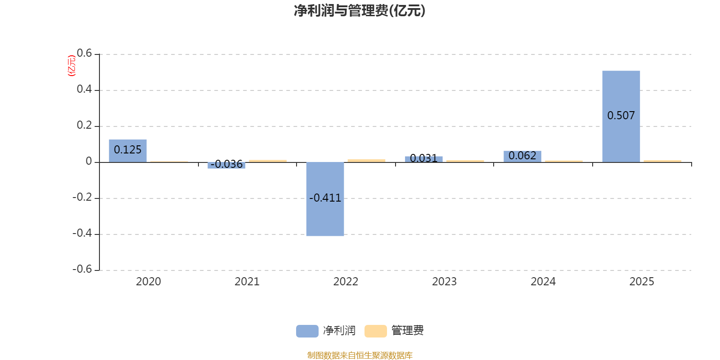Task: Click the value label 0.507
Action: click(621, 116)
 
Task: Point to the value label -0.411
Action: click(325, 198)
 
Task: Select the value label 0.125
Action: click(128, 150)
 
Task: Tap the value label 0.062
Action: click(522, 156)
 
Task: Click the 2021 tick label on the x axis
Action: click(247, 282)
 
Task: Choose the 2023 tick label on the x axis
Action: click(444, 282)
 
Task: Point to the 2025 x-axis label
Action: click(642, 282)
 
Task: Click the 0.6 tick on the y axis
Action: click(84, 54)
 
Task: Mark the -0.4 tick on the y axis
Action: click(82, 233)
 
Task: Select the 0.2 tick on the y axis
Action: click(84, 125)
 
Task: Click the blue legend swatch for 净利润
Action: click(307, 331)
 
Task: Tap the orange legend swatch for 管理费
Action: click(375, 331)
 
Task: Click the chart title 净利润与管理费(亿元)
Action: click(360, 11)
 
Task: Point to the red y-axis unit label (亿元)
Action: click(71, 66)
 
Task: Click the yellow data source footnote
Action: click(360, 355)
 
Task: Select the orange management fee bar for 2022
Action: click(366, 160)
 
